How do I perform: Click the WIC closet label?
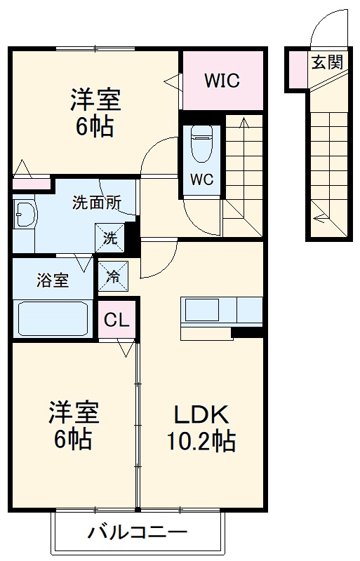(x=222, y=81)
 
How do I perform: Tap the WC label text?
(x=201, y=180)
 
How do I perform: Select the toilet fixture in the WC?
(x=201, y=144)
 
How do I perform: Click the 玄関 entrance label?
(x=327, y=62)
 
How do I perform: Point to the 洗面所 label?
(x=97, y=204)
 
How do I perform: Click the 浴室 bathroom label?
(x=53, y=280)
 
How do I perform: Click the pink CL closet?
(x=116, y=320)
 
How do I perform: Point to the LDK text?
(x=201, y=416)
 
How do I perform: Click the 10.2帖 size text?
(x=201, y=442)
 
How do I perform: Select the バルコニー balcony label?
(x=138, y=532)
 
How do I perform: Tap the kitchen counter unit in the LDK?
(x=222, y=309)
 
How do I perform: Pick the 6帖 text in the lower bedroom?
(x=73, y=440)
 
